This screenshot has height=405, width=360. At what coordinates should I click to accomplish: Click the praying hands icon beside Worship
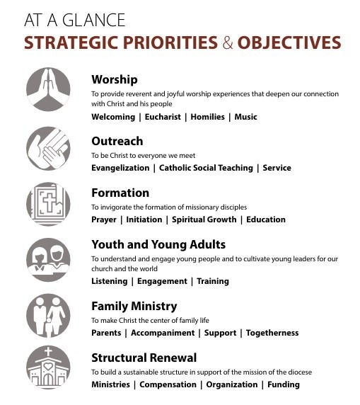tap(48, 89)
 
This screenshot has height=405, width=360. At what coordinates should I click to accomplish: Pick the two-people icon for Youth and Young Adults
tap(48, 258)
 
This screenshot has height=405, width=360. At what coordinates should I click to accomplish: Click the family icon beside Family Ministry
tap(48, 312)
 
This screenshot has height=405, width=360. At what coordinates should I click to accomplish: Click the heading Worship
tap(115, 79)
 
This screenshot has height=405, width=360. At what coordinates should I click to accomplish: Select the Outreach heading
tap(117, 141)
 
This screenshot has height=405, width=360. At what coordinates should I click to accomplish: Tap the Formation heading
tap(120, 193)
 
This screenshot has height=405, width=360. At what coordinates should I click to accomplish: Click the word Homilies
tap(208, 117)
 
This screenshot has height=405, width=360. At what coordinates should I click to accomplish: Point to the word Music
tap(245, 117)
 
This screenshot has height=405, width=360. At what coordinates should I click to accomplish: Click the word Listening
tap(110, 281)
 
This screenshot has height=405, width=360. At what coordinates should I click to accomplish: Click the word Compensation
tap(168, 384)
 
